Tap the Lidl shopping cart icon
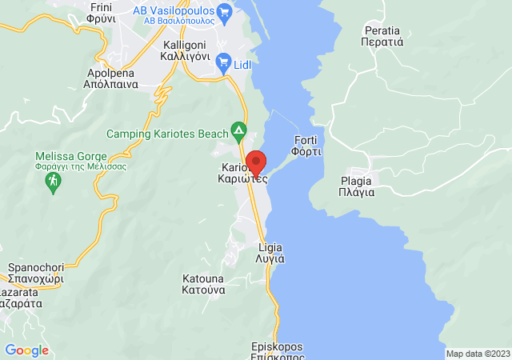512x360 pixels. (x=225, y=61)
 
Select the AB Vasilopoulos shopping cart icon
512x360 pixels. (x=225, y=11)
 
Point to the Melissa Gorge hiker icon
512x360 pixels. (x=53, y=183)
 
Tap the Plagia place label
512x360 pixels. (x=356, y=186)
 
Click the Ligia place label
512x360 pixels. (x=270, y=253)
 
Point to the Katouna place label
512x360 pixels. (x=203, y=285)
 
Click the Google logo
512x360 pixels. (x=26, y=350)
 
